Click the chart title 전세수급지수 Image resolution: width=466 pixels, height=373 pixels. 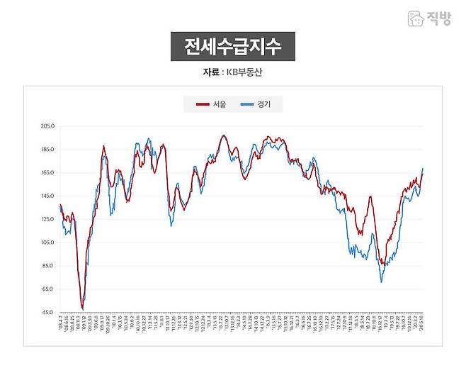pyautogui.click(x=232, y=47)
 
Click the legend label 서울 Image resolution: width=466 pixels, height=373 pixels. pyautogui.click(x=220, y=105)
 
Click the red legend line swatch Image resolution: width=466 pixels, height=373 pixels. pyautogui.click(x=203, y=105)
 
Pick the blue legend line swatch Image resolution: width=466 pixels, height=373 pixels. pyautogui.click(x=247, y=105)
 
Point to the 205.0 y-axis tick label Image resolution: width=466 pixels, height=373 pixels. pyautogui.click(x=48, y=126)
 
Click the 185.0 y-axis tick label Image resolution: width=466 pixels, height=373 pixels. pyautogui.click(x=48, y=150)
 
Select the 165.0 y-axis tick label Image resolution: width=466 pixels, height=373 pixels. pyautogui.click(x=48, y=173)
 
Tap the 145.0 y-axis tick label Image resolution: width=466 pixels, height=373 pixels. pyautogui.click(x=48, y=196)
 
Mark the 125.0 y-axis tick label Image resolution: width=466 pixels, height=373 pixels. pyautogui.click(x=48, y=219)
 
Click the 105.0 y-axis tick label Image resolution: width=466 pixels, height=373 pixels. pyautogui.click(x=48, y=243)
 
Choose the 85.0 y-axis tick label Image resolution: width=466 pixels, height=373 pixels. pyautogui.click(x=48, y=266)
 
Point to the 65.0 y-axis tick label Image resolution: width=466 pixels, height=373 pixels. pyautogui.click(x=48, y=289)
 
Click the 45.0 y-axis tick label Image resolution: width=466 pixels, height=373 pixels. pyautogui.click(x=48, y=313)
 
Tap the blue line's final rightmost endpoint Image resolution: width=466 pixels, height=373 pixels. pyautogui.click(x=423, y=169)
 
